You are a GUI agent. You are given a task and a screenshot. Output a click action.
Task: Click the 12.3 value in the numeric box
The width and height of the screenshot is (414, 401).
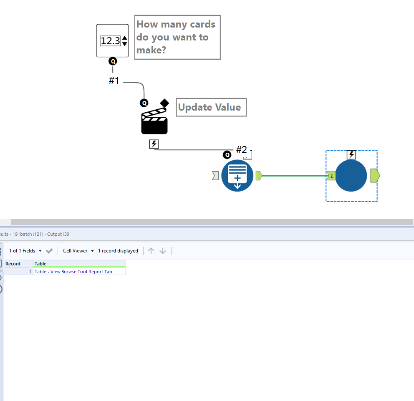point(110,40)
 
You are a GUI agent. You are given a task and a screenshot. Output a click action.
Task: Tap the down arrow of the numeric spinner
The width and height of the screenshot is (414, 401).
point(125,44)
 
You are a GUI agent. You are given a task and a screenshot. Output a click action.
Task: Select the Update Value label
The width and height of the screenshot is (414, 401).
point(210,107)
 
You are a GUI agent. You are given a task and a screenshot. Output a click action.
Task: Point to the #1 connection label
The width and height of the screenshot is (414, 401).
point(114,80)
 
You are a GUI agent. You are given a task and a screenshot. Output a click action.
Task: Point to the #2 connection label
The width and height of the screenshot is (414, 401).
point(241,150)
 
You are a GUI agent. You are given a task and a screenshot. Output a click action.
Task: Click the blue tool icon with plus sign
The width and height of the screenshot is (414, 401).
point(237,176)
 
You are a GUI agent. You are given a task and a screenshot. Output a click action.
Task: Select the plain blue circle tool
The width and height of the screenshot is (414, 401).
point(351,176)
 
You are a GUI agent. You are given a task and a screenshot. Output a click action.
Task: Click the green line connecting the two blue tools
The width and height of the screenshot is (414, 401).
point(294,176)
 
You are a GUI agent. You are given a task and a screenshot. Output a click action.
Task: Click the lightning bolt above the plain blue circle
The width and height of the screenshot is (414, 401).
point(351,155)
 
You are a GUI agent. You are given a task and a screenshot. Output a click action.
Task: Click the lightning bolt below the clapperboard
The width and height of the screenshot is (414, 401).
point(154,144)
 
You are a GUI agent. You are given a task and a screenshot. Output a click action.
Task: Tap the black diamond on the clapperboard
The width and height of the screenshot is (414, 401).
point(164,103)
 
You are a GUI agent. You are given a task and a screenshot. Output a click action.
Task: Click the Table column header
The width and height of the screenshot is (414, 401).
point(40,264)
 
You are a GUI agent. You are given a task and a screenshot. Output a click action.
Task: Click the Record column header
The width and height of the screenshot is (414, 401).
point(13,264)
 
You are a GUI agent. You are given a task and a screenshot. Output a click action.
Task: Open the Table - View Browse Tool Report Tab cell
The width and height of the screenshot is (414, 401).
point(73,272)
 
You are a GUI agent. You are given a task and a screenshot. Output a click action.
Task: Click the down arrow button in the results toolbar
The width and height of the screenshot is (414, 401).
point(163,251)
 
